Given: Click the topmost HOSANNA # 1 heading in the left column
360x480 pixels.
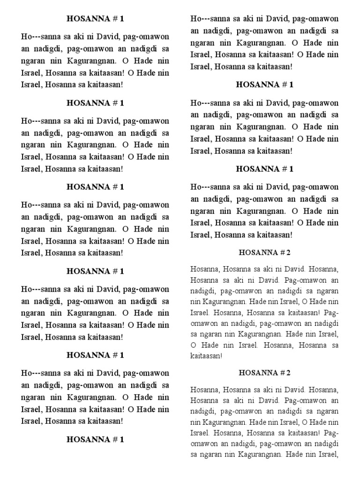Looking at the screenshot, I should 95,19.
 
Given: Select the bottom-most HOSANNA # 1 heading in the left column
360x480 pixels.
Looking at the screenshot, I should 95,440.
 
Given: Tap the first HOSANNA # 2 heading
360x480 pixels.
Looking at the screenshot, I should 265,253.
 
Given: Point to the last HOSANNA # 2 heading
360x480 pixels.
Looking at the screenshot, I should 265,373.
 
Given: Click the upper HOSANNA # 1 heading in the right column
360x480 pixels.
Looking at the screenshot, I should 265,85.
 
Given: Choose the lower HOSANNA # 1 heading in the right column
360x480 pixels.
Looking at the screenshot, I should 265,169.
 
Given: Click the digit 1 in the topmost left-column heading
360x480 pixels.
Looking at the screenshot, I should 122,19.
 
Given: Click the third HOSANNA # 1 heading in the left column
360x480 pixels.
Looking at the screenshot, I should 95,187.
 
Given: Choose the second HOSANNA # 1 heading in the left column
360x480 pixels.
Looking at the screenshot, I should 95,103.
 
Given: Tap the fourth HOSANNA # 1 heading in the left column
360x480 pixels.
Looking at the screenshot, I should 95,271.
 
